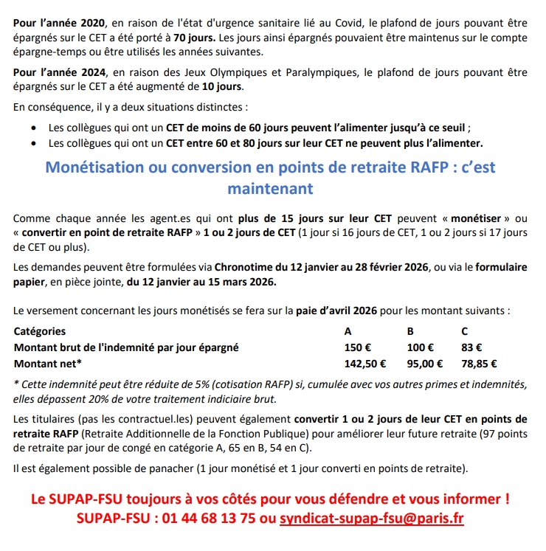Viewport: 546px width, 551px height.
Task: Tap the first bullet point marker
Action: [x=35, y=128]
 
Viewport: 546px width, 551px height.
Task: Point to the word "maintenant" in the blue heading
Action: [x=270, y=189]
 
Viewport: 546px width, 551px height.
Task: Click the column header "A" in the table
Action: [x=348, y=332]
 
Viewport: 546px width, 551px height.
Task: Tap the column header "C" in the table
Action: [x=465, y=332]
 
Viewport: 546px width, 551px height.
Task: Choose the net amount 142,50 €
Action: [x=366, y=363]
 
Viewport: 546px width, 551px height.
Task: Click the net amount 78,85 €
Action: [x=479, y=363]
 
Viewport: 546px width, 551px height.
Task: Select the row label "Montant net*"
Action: [x=48, y=363]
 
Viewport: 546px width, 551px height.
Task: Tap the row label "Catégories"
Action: [x=40, y=332]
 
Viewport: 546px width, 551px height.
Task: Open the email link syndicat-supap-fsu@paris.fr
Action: [x=372, y=519]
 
